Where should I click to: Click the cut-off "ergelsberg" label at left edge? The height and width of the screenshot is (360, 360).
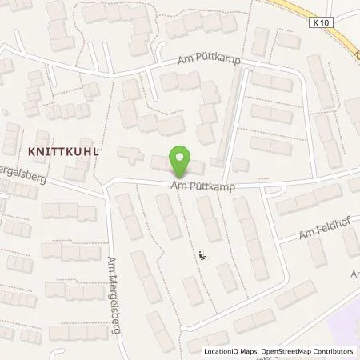[24, 178]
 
